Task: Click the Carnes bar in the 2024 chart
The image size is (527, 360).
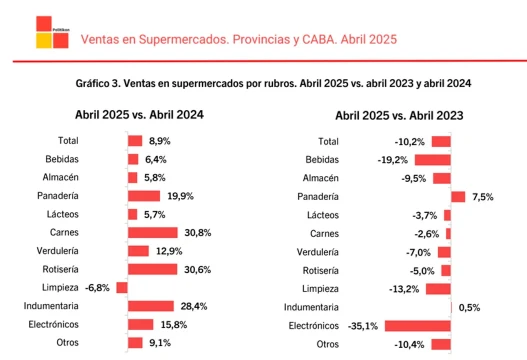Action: [x=153, y=232]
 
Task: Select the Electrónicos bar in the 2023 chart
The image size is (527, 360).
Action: [x=417, y=325]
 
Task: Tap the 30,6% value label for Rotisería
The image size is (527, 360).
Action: [x=196, y=269]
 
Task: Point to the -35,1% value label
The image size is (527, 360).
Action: [x=364, y=325]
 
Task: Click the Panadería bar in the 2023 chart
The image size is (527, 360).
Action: [x=458, y=196]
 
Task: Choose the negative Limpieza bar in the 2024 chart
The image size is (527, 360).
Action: [x=122, y=287]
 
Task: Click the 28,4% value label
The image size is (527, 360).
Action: [x=193, y=306]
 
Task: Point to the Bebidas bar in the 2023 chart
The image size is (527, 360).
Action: [x=432, y=159]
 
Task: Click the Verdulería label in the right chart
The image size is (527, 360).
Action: [x=319, y=251]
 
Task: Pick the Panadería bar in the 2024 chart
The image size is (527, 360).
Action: [x=145, y=196]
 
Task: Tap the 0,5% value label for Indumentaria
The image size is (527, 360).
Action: [x=469, y=307]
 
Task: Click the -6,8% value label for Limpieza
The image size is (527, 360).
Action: [x=97, y=287]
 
